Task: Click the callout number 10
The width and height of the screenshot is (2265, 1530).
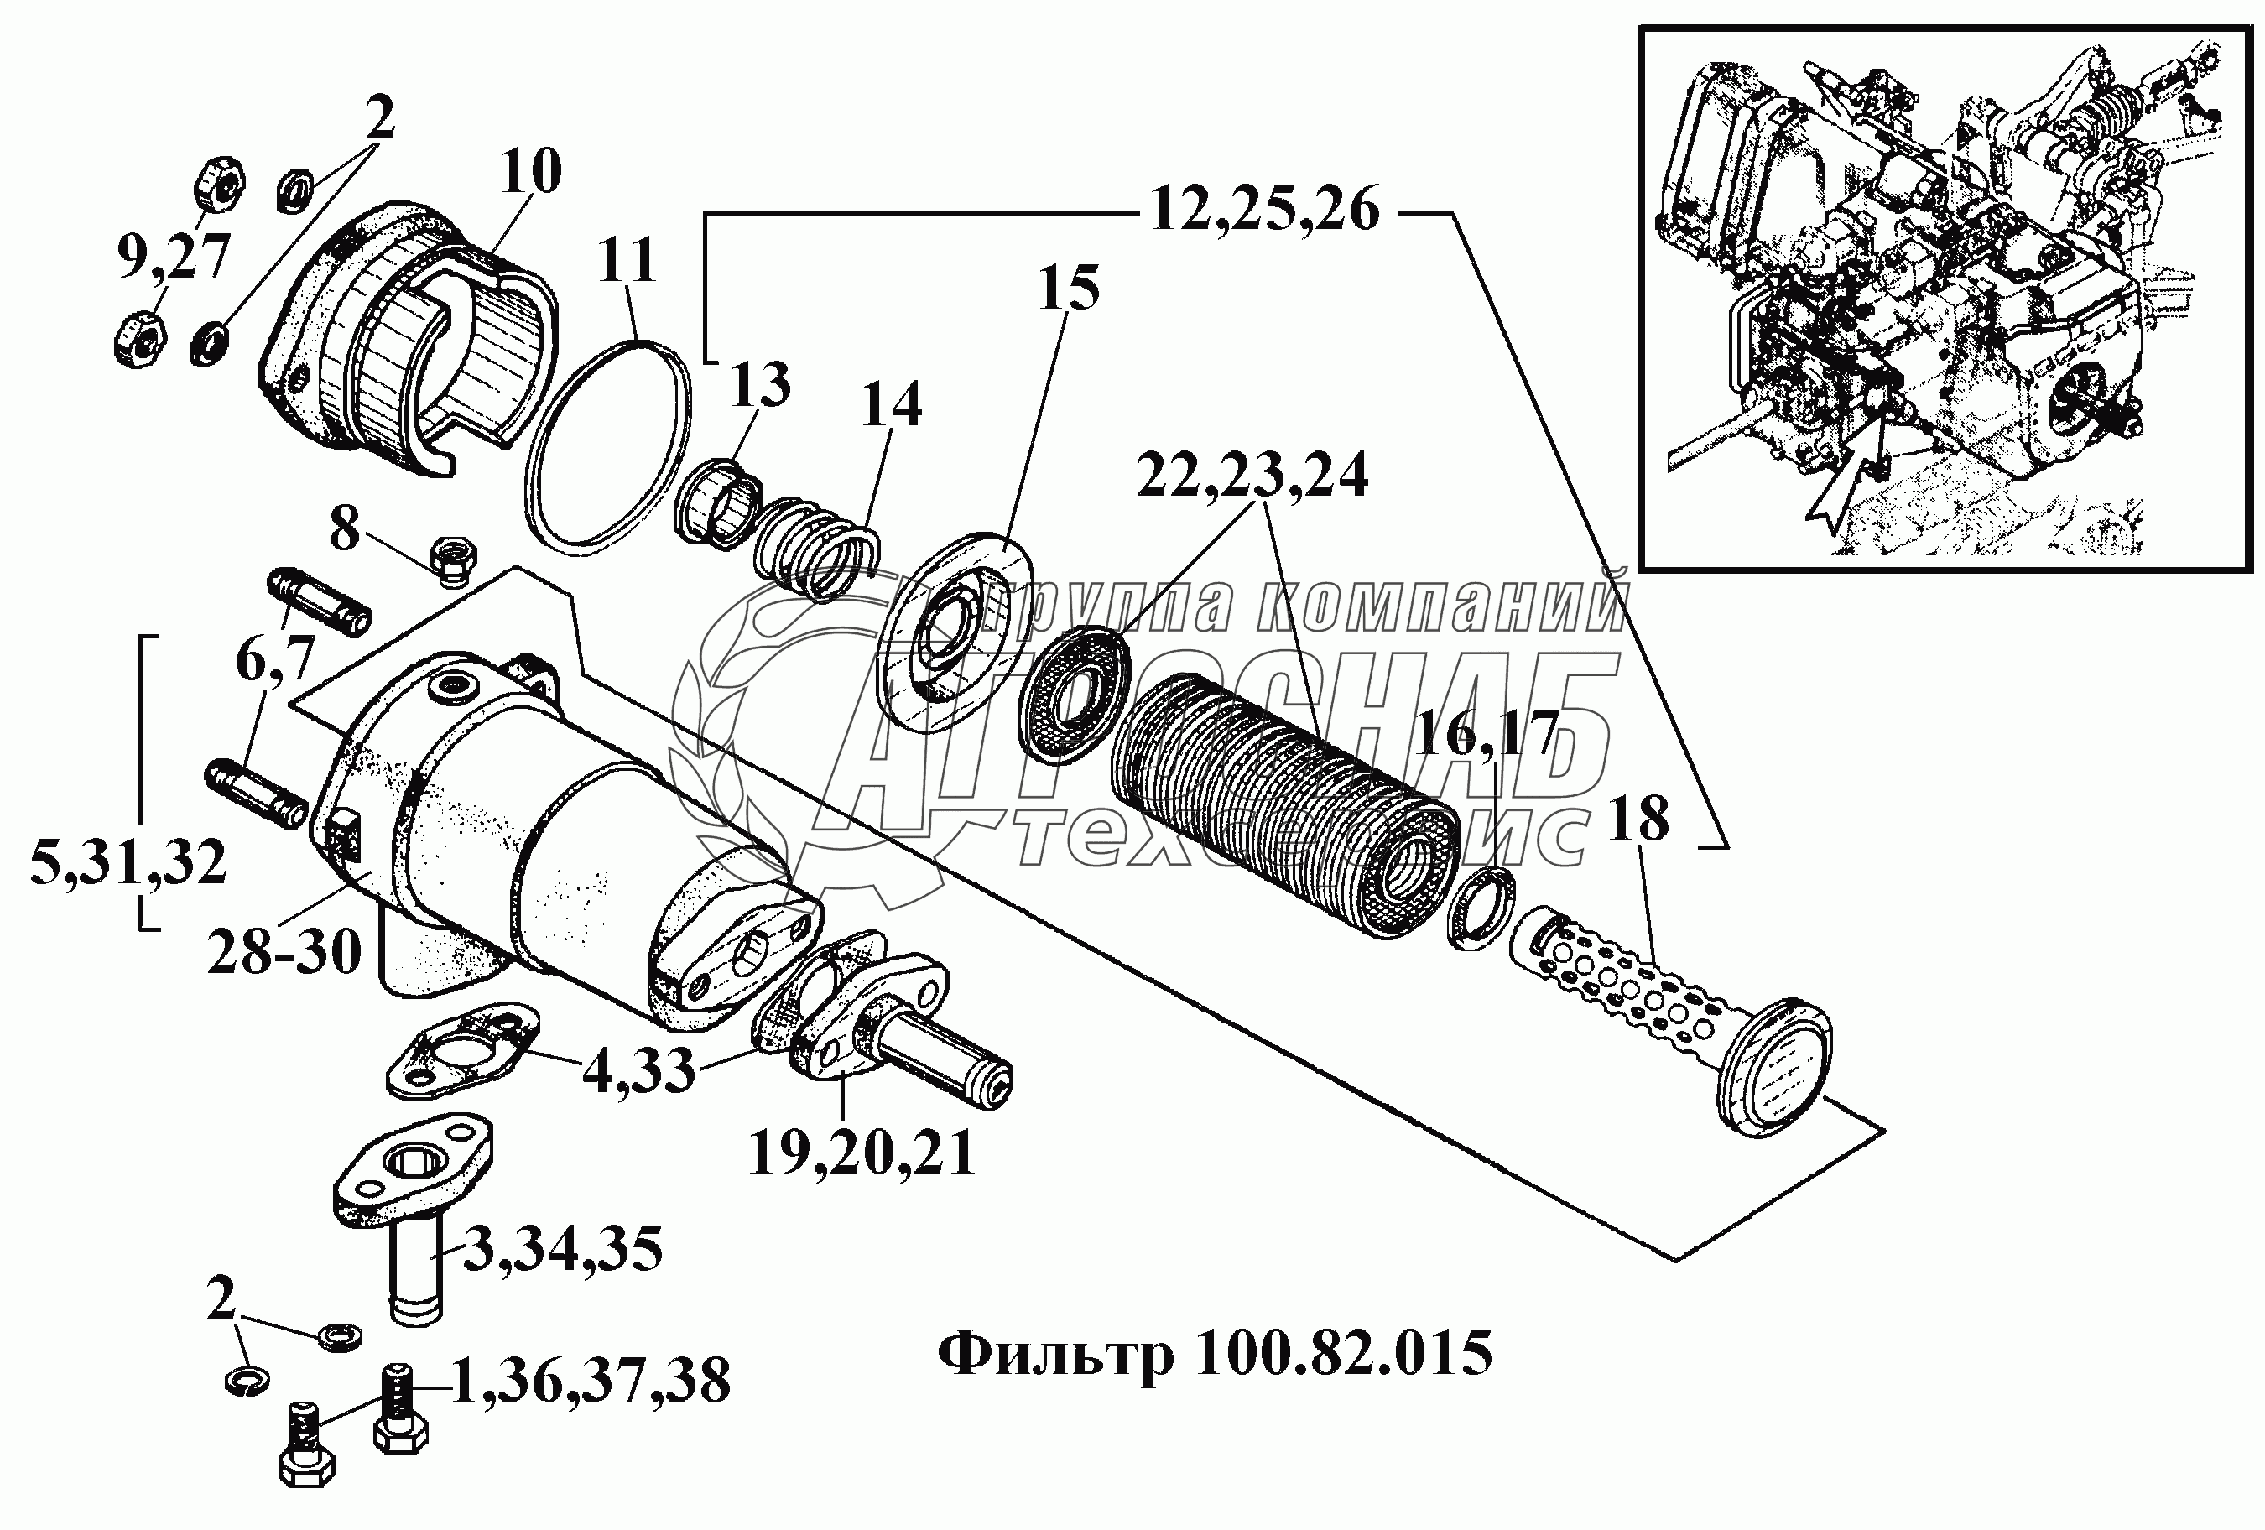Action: coord(532,174)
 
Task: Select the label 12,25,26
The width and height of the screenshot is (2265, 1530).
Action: coord(1264,211)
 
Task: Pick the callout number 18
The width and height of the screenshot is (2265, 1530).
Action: coord(1639,820)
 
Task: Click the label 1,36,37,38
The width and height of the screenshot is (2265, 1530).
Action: coord(591,1381)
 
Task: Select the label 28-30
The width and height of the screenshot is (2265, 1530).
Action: coord(284,950)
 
